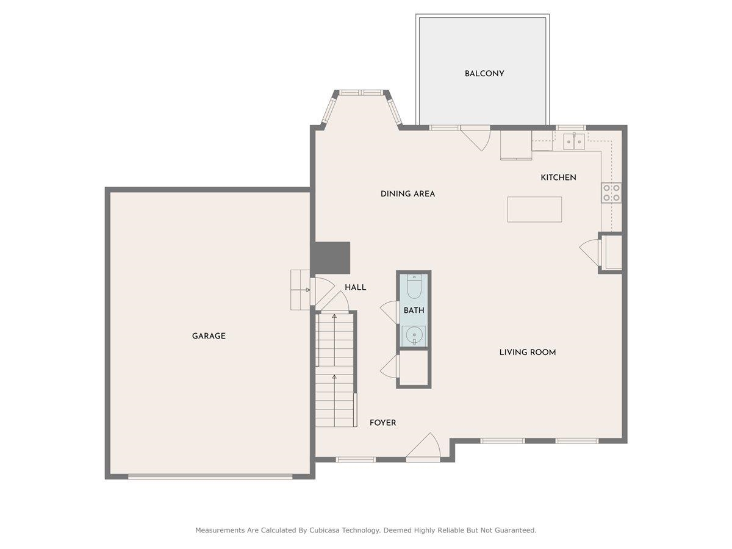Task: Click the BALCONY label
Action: [484, 74]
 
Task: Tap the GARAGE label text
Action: [209, 336]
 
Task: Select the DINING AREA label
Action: [407, 194]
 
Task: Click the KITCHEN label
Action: [558, 178]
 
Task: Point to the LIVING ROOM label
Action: [527, 352]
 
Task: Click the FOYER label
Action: [382, 423]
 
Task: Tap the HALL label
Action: [355, 287]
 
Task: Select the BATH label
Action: [414, 310]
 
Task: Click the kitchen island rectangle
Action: [534, 209]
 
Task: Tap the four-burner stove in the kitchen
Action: [611, 193]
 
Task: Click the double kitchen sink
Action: [574, 142]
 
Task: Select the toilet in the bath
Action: [414, 285]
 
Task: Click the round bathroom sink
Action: [414, 335]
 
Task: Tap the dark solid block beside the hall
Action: [331, 257]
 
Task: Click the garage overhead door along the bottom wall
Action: [210, 476]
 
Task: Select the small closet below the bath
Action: [414, 368]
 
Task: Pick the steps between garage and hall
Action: [300, 290]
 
